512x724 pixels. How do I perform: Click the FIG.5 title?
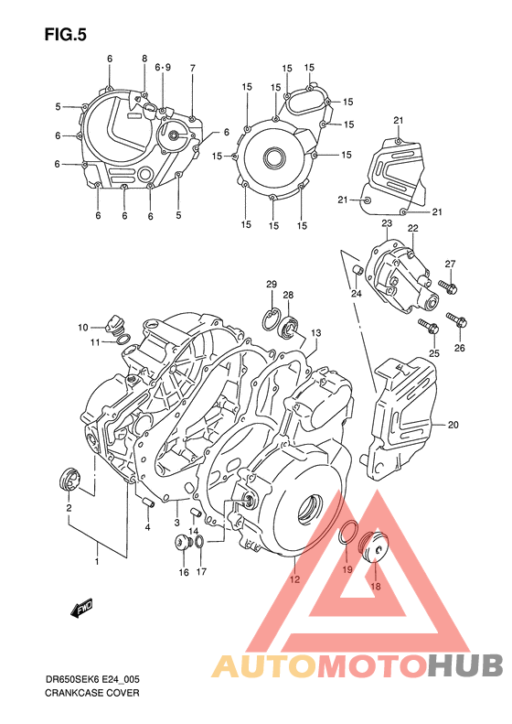pyautogui.click(x=64, y=35)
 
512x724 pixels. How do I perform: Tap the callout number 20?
pyautogui.click(x=453, y=425)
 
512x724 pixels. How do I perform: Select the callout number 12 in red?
pyautogui.click(x=294, y=579)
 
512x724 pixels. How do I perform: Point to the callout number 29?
pyautogui.click(x=272, y=285)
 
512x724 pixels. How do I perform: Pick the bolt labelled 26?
pyautogui.click(x=457, y=320)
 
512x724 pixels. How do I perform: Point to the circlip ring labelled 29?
pyautogui.click(x=272, y=318)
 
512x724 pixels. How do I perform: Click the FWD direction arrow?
pyautogui.click(x=83, y=608)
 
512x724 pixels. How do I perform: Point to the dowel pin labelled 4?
pyautogui.click(x=145, y=501)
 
